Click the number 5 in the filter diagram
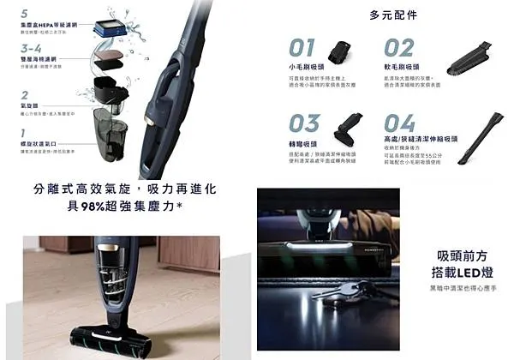(x=23, y=14)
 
